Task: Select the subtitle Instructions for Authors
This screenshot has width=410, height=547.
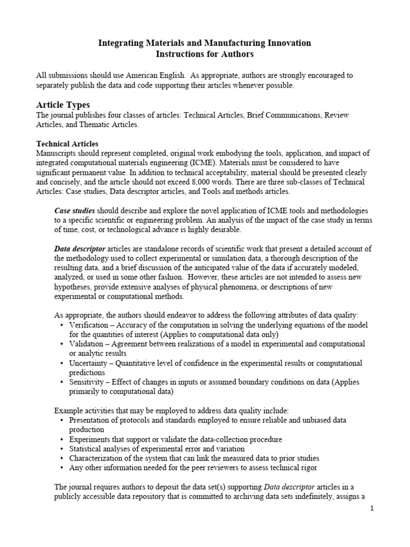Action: pyautogui.click(x=204, y=54)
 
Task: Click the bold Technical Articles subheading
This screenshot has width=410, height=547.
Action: pyautogui.click(x=67, y=144)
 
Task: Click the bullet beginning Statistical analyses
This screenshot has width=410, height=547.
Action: pyautogui.click(x=156, y=449)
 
